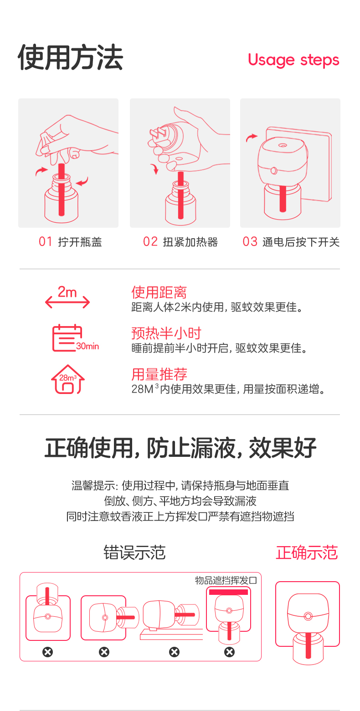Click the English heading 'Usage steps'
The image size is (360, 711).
(x=293, y=60)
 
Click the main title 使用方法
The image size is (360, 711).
(x=71, y=57)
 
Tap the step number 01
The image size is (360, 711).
(x=45, y=242)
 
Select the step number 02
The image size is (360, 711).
(x=150, y=242)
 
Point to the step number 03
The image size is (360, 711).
(x=250, y=242)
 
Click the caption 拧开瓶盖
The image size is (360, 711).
(x=80, y=242)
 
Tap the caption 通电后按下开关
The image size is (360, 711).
(x=301, y=242)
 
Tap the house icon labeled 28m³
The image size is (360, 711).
(x=68, y=379)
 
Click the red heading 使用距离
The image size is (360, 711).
(x=159, y=292)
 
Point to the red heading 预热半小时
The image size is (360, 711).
(x=166, y=333)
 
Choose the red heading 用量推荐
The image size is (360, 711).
(x=159, y=374)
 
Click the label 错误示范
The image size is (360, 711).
(x=134, y=552)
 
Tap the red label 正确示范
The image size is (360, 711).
(x=307, y=552)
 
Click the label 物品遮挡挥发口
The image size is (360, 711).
(x=226, y=581)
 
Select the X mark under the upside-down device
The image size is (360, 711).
(x=47, y=652)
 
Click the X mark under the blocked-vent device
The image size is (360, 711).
(x=229, y=652)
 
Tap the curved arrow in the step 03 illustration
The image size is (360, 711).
(x=252, y=137)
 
